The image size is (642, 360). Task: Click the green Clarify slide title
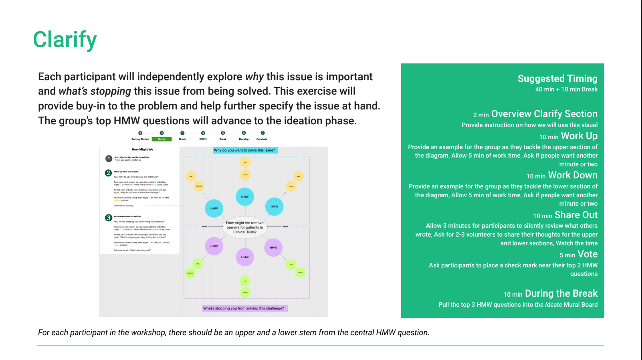click(x=65, y=40)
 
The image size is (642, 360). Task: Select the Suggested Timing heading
click(x=557, y=79)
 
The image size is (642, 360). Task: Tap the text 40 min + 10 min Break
click(x=566, y=89)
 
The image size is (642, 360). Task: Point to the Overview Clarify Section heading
click(x=544, y=114)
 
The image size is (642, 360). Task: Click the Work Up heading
click(x=579, y=136)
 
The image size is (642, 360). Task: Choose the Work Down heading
click(x=572, y=175)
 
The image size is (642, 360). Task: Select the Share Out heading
click(x=575, y=215)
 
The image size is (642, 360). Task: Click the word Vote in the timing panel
click(x=587, y=254)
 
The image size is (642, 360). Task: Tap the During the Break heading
click(x=561, y=293)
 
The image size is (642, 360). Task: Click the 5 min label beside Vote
click(x=567, y=255)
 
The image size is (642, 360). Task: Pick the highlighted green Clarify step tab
click(x=162, y=139)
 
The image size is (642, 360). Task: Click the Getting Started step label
click(x=140, y=139)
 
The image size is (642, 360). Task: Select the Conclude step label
click(x=262, y=139)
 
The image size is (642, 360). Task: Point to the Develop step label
click(x=244, y=139)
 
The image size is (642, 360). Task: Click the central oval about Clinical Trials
click(x=245, y=227)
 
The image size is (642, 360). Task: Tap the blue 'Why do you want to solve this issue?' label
click(x=244, y=150)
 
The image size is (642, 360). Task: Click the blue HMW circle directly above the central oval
click(x=245, y=196)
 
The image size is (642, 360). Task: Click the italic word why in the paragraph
click(x=254, y=77)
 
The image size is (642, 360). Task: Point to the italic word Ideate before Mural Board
click(x=553, y=305)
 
